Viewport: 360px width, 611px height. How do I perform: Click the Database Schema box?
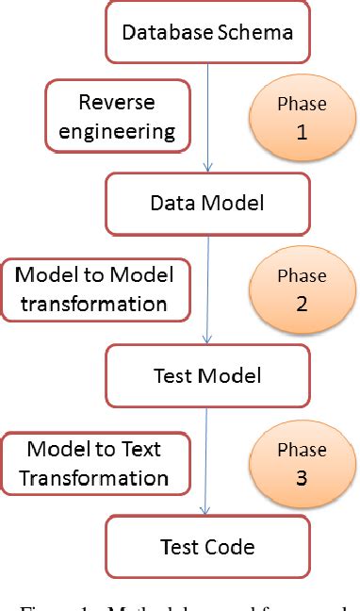click(x=206, y=31)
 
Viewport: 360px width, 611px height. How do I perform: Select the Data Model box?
click(x=206, y=202)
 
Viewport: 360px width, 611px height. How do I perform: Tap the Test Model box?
click(x=206, y=375)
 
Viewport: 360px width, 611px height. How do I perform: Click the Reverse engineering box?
click(x=116, y=116)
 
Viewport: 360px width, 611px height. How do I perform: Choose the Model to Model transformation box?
click(x=102, y=289)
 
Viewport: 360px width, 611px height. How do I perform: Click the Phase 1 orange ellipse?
click(x=302, y=119)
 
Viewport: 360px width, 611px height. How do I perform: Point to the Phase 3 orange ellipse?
click(x=302, y=465)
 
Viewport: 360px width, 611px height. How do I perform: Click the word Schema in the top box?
click(x=255, y=32)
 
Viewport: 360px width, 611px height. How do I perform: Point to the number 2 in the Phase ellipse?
click(x=302, y=305)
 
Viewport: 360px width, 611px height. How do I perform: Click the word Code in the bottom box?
click(x=232, y=546)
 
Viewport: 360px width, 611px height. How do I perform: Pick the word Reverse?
click(x=116, y=102)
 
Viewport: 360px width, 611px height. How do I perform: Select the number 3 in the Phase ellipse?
click(x=302, y=478)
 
